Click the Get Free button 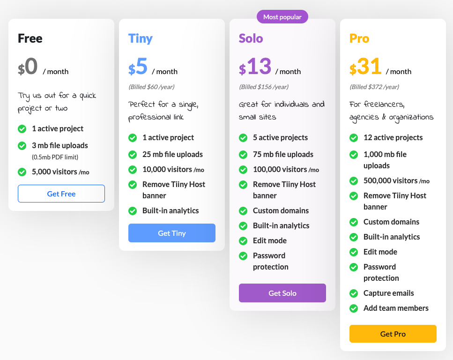point(61,194)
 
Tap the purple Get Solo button point(282,293)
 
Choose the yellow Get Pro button point(393,334)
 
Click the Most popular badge point(282,17)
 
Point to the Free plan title point(30,38)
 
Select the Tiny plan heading point(141,38)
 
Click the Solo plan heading point(251,38)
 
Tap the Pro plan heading point(359,38)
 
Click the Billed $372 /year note point(374,87)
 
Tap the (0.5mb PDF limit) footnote point(55,157)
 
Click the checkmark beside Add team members point(354,308)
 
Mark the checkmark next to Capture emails point(354,293)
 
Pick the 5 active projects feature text point(280,138)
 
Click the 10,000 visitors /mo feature point(173,170)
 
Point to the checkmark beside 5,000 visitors point(22,172)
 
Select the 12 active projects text point(393,138)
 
